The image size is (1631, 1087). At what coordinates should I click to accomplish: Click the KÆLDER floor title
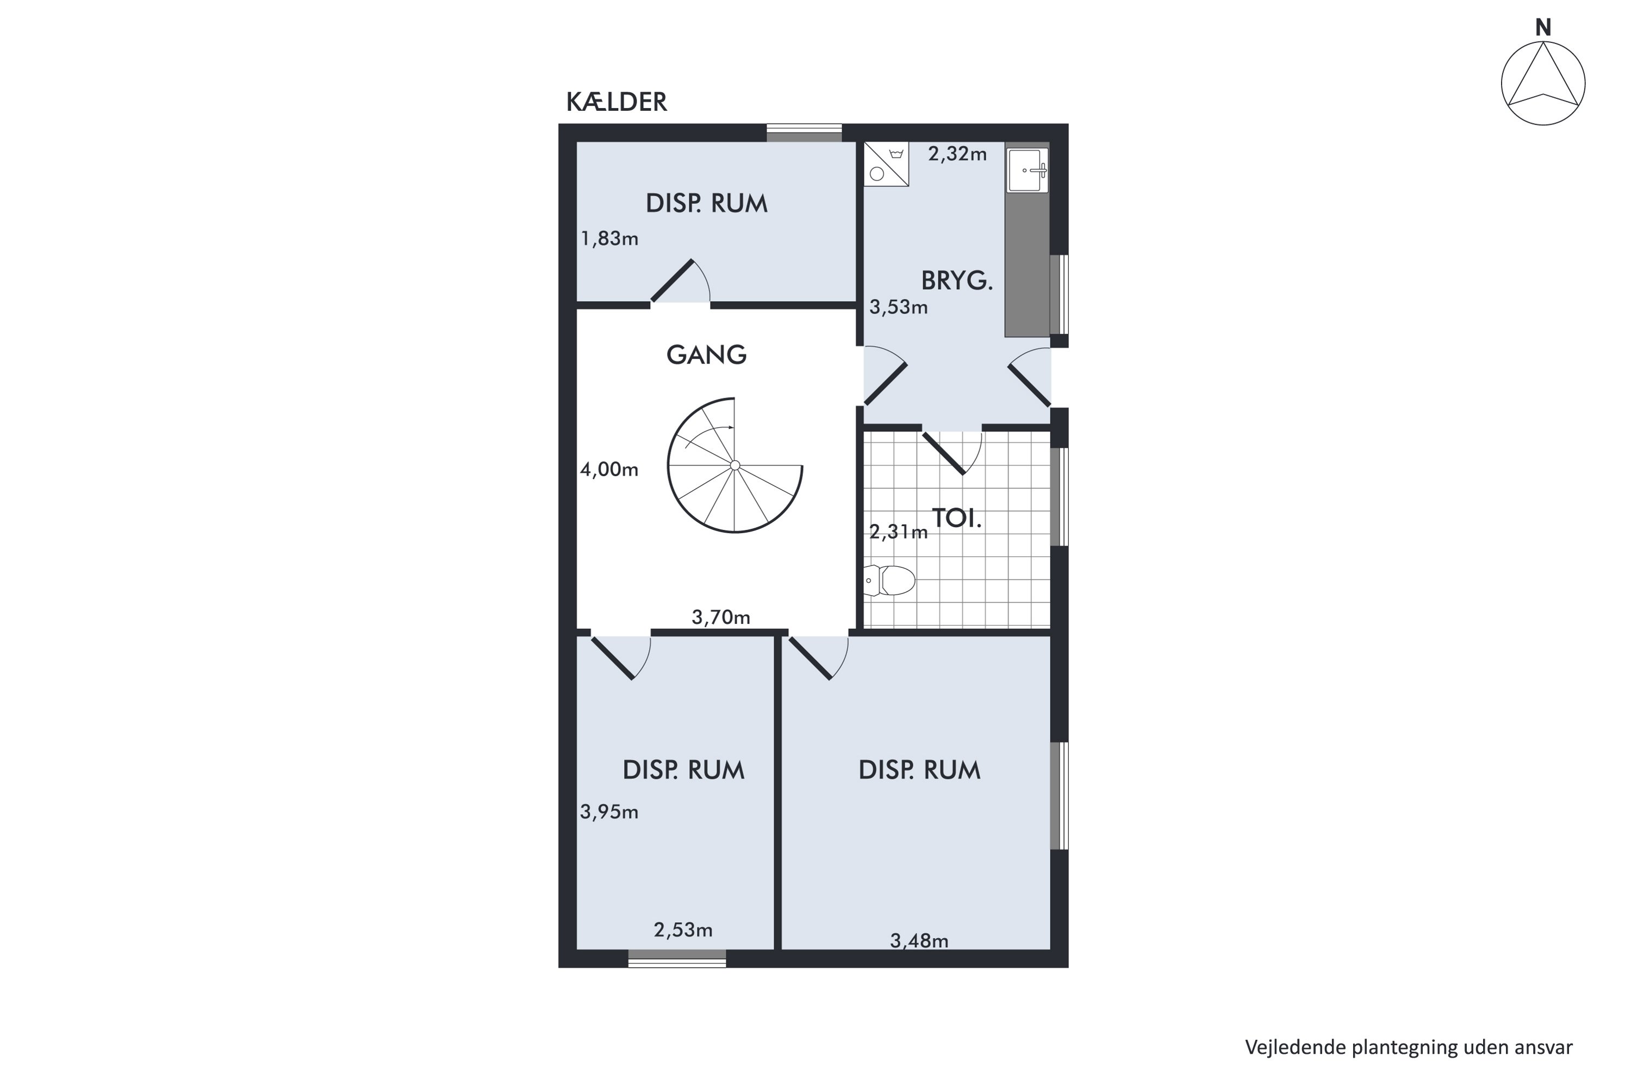617,102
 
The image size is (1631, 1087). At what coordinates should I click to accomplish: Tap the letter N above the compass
1543,28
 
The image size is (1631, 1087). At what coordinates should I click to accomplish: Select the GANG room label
707,355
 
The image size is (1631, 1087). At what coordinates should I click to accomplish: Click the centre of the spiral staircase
735,465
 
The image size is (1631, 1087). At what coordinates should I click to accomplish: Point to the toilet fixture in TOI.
889,580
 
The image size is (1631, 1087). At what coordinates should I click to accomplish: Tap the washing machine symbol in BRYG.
886,164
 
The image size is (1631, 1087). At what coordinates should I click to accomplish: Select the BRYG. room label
957,281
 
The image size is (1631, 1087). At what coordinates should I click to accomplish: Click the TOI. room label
957,518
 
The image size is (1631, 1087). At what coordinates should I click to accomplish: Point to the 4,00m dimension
609,470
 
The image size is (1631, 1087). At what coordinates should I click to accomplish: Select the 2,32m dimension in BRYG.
957,154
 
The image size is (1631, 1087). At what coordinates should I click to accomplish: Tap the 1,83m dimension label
609,239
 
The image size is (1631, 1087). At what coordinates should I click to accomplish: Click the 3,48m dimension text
919,941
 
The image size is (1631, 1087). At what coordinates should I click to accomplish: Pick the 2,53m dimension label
683,929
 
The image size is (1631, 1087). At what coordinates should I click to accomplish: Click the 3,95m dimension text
609,812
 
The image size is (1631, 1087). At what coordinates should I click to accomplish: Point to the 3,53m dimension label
899,307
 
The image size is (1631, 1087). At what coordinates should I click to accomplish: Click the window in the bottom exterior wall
677,958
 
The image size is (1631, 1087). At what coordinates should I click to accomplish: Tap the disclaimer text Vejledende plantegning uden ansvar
1409,1047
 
